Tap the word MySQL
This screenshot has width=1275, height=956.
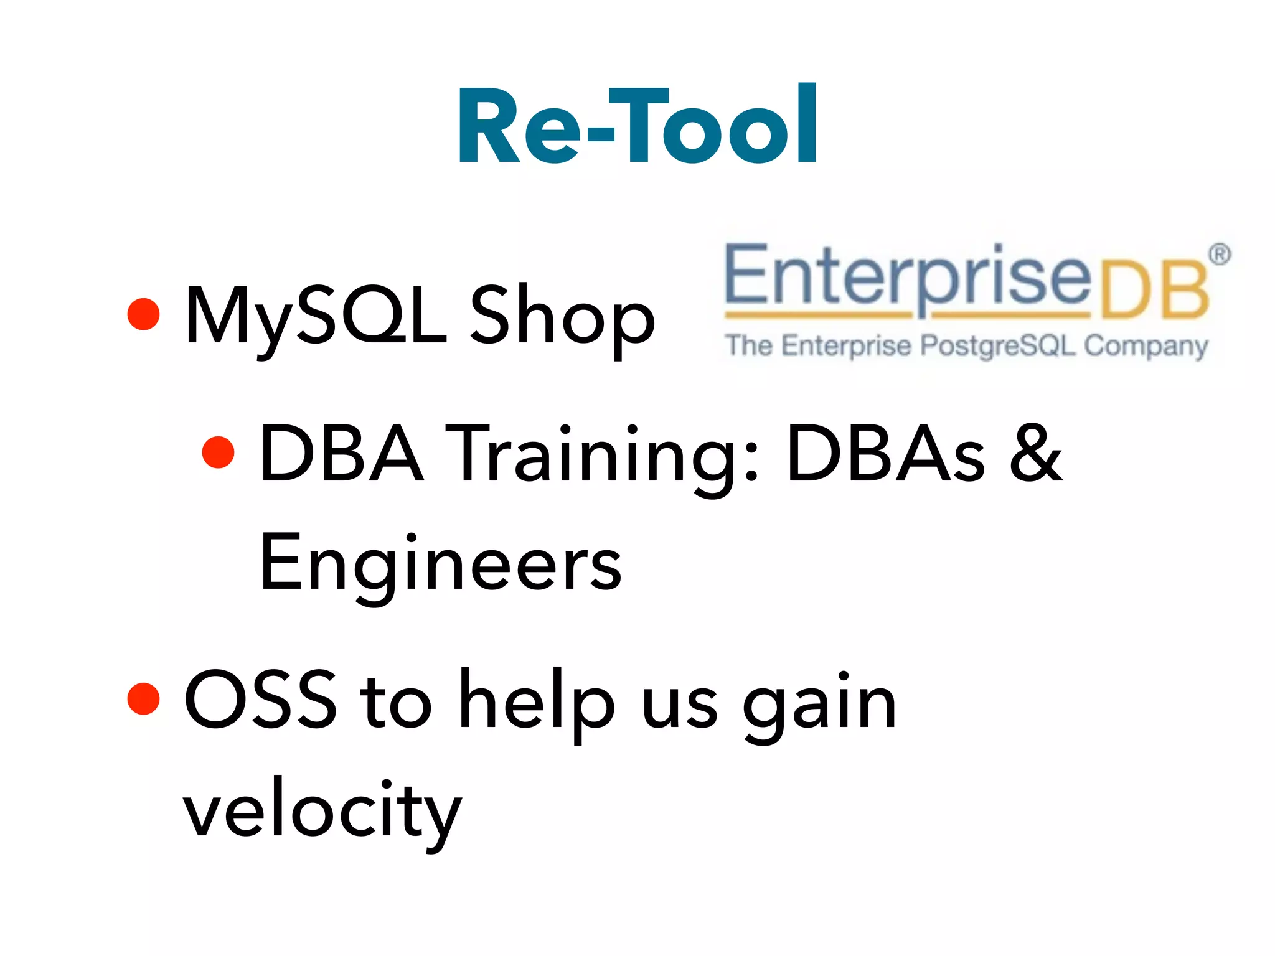click(315, 316)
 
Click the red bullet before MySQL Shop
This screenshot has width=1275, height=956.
click(144, 314)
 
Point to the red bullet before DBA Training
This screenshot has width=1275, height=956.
click(219, 452)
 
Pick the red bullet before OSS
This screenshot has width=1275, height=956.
click(144, 698)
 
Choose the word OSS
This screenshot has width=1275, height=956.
click(260, 698)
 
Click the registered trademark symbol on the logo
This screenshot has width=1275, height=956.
click(1220, 255)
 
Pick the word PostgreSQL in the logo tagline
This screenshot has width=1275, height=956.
click(998, 346)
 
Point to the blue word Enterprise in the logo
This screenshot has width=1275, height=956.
click(908, 276)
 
